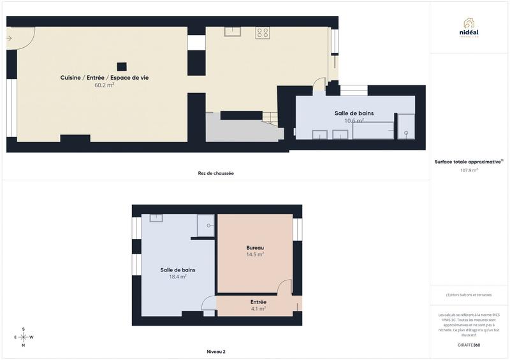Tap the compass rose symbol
tap(24, 337)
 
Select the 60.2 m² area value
tap(104, 85)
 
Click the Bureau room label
tap(255, 248)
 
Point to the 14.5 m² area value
tap(255, 254)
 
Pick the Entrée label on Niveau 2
tap(258, 302)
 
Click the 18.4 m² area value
tap(178, 277)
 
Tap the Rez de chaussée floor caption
tap(215, 173)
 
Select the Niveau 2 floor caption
tap(216, 352)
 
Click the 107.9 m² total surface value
tap(469, 170)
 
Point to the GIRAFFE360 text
tap(469, 345)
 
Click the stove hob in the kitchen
tap(263, 32)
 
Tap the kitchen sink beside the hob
tap(232, 32)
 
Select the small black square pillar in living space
tap(121, 66)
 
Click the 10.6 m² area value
tap(354, 120)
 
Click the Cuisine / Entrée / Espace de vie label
tap(105, 78)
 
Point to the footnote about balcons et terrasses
tap(469, 294)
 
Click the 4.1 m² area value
tap(258, 308)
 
